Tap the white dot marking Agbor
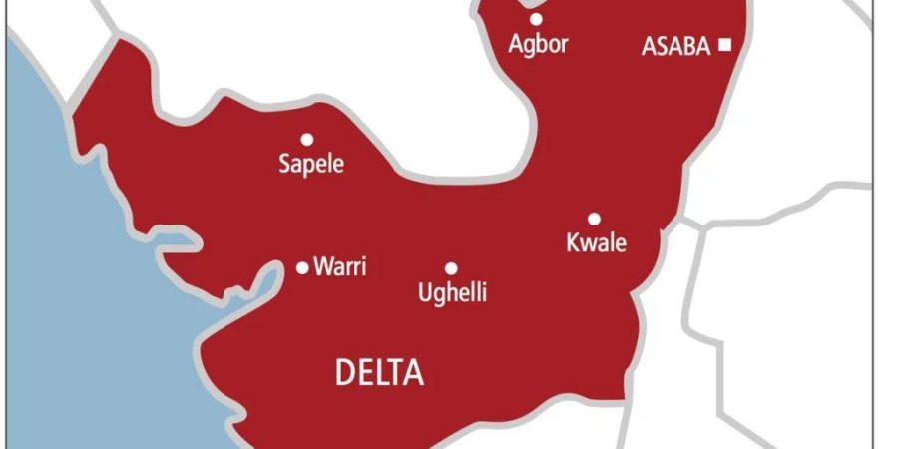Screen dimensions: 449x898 click(x=536, y=19)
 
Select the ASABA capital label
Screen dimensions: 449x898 click(x=676, y=46)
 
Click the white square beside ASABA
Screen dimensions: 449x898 click(x=724, y=45)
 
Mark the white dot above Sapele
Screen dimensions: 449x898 click(x=307, y=139)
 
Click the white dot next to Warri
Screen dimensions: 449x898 click(x=303, y=267)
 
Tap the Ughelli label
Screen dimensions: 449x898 click(x=452, y=293)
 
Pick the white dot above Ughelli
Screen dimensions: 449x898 click(x=451, y=268)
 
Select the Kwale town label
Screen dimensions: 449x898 click(x=596, y=242)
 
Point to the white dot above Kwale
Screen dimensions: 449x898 click(x=594, y=219)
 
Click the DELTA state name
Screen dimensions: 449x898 click(x=379, y=374)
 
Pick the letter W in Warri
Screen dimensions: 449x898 click(x=322, y=266)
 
